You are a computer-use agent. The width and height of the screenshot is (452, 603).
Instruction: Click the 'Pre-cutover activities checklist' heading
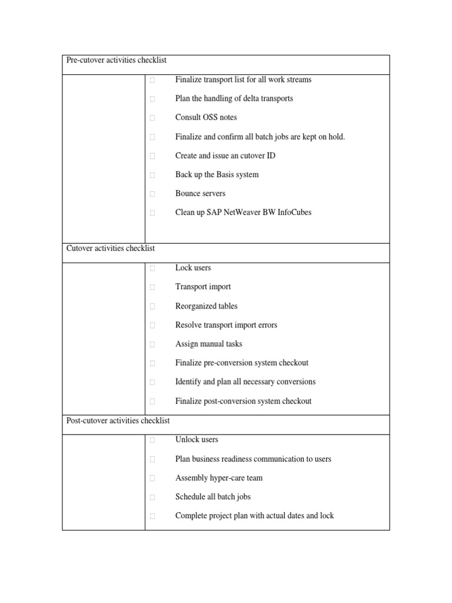point(117,61)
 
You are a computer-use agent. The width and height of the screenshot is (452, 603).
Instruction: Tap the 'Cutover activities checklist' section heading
point(110,249)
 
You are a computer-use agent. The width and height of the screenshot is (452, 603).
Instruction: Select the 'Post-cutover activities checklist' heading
point(118,420)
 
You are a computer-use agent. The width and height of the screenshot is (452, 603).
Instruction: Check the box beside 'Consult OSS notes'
point(152,118)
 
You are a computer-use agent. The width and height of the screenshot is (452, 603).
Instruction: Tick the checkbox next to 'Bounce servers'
point(152,194)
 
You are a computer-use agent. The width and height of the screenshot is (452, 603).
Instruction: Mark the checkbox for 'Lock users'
point(152,269)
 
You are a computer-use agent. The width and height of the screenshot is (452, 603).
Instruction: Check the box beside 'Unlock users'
point(152,440)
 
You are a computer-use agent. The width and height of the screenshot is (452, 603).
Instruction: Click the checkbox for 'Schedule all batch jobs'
point(152,497)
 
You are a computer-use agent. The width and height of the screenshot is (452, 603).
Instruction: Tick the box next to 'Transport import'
point(152,287)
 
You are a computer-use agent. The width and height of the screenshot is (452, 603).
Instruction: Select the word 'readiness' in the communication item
point(251,459)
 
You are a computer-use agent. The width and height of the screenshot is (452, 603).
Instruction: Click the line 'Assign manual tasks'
point(208,344)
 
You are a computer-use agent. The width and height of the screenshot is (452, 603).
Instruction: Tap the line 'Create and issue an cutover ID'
point(225,155)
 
